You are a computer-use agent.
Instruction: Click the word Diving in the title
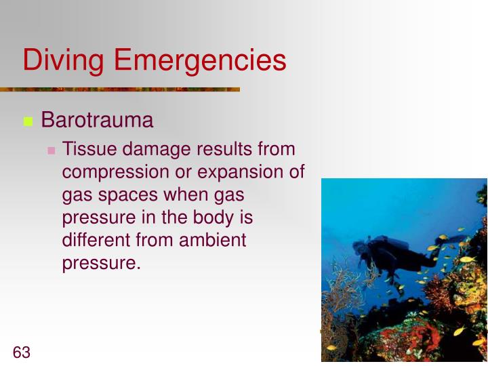(63, 60)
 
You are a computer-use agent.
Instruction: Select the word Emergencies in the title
(200, 60)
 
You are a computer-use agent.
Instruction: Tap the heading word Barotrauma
(97, 121)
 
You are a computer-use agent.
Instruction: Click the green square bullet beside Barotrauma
(28, 122)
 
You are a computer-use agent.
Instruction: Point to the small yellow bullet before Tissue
(51, 150)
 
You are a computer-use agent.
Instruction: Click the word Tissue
(84, 149)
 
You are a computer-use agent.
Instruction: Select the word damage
(152, 149)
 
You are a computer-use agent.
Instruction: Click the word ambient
(213, 241)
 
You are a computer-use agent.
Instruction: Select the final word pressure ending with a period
(101, 264)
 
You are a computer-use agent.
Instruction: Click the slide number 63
(22, 352)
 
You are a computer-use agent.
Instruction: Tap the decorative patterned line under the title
(120, 89)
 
